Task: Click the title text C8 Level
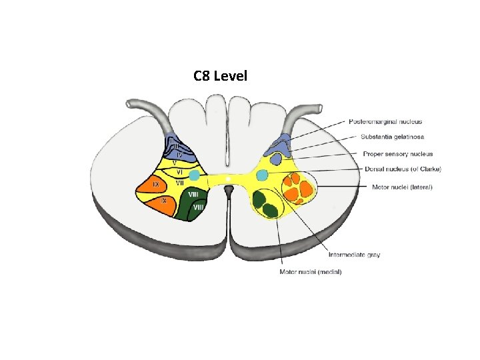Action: (220, 76)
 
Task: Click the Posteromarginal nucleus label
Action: (385, 122)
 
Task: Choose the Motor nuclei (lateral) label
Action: (402, 187)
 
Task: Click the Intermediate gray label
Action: (354, 255)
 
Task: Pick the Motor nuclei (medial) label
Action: (311, 271)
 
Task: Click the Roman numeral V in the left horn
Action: (174, 162)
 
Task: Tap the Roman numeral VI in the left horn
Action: (180, 171)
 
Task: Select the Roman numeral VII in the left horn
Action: (180, 182)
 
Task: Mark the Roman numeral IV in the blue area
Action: (179, 154)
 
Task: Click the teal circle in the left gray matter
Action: (194, 175)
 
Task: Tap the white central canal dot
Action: (228, 179)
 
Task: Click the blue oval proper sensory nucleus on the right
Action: (275, 160)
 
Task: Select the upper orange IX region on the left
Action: (155, 184)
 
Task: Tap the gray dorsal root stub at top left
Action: (143, 107)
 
